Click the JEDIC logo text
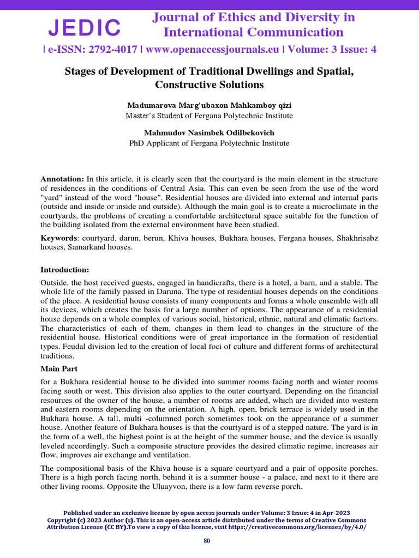[x=85, y=27]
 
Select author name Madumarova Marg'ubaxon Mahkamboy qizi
[x=209, y=105]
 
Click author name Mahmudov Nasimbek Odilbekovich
[x=209, y=133]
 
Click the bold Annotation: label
[x=62, y=179]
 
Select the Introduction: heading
[x=64, y=269]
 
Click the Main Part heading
[x=59, y=368]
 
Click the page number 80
[x=207, y=541]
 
